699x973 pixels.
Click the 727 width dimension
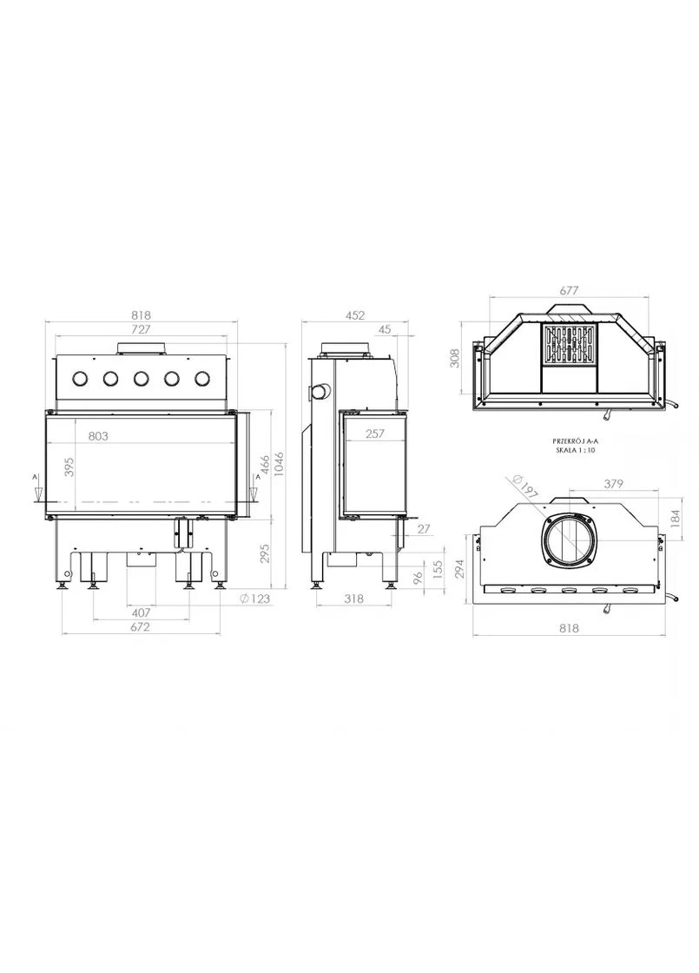click(x=142, y=329)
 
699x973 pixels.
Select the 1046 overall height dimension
click(x=280, y=464)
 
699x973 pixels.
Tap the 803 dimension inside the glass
click(x=98, y=436)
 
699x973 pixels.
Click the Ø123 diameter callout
click(x=254, y=599)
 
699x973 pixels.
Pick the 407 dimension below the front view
click(x=142, y=612)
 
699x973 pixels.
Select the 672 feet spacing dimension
click(x=140, y=626)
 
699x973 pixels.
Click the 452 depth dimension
click(x=355, y=315)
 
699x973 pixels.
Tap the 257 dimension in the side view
click(x=374, y=434)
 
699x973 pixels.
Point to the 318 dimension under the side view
click(x=353, y=599)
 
